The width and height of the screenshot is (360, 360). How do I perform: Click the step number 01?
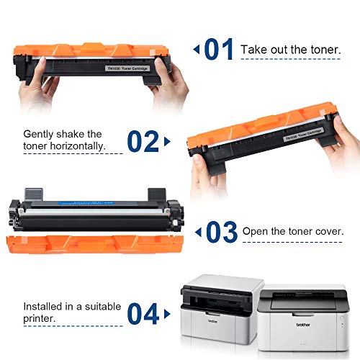click(219, 50)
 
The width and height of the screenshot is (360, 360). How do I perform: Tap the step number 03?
click(221, 232)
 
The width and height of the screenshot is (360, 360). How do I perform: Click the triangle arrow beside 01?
click(196, 50)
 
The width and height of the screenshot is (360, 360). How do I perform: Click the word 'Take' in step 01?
click(253, 49)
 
